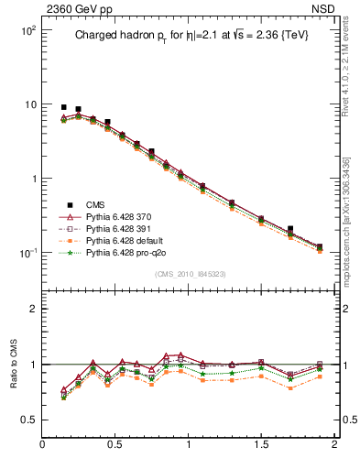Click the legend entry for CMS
pos(95,204)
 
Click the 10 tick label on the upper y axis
pos(27,104)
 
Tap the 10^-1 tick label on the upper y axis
pos(26,253)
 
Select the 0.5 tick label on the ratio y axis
pos(27,420)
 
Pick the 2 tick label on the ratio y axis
pos(31,309)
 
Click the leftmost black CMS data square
pos(63,107)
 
